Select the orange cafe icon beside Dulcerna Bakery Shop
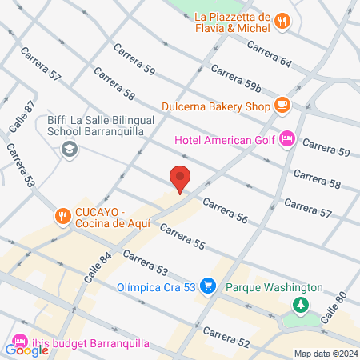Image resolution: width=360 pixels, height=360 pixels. tap(281, 104)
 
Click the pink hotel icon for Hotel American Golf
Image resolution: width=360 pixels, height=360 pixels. tap(287, 140)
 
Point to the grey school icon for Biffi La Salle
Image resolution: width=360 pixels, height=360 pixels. tap(70, 149)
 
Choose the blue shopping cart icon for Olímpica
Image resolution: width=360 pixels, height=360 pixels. tap(208, 286)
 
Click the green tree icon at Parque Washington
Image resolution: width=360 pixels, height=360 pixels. tap(301, 304)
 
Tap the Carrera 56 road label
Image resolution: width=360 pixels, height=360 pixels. tap(225, 211)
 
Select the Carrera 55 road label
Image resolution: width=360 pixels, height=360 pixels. tap(182, 238)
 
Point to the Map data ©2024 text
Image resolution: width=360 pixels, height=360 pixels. tap(324, 354)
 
